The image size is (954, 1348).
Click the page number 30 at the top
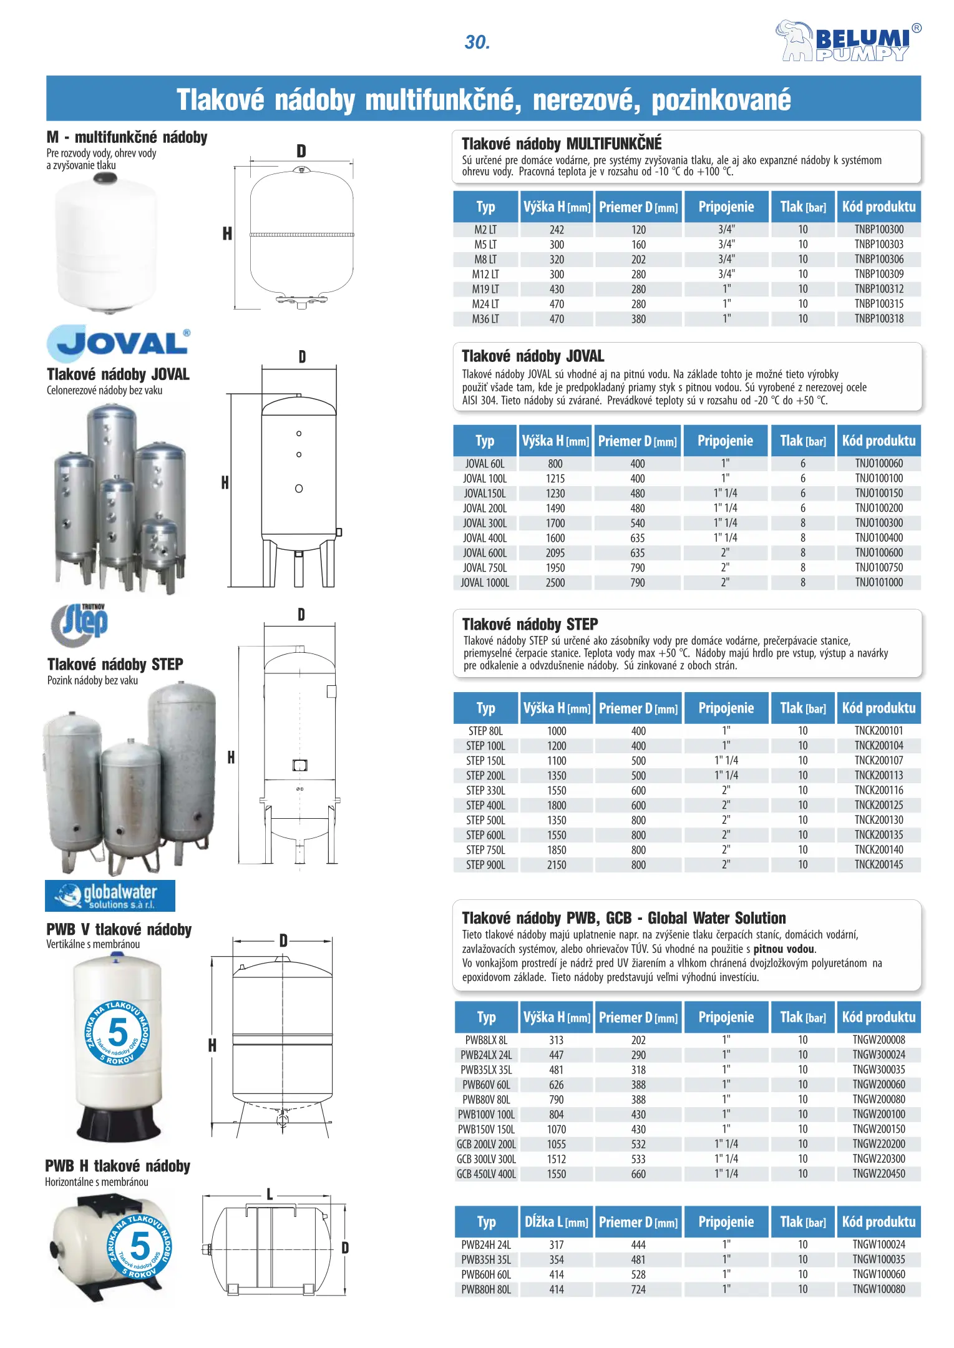477,42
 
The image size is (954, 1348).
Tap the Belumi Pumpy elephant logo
847,41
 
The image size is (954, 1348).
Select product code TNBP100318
879,319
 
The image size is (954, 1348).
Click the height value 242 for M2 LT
557,230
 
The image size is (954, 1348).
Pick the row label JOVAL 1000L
485,583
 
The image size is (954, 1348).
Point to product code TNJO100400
879,538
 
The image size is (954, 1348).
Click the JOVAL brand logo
118,343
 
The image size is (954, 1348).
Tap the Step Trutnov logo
79,624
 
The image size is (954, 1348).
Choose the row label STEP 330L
485,791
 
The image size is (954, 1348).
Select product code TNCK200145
879,865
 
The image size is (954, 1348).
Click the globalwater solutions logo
110,896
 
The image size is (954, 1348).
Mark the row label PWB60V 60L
486,1085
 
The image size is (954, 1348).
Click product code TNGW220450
879,1174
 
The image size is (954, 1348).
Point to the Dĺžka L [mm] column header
556,1222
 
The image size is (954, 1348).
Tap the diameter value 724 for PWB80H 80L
638,1289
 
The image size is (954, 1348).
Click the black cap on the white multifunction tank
105,180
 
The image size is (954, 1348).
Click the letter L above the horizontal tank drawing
270,1194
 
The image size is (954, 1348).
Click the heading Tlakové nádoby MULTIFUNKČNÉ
562,144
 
